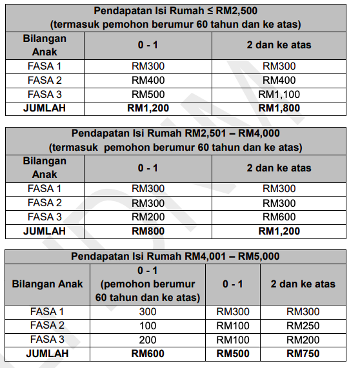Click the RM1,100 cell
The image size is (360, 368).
[x=279, y=95]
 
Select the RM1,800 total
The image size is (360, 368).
[x=279, y=108]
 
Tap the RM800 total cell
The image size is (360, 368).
[x=148, y=231]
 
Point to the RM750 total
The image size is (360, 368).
[x=303, y=353]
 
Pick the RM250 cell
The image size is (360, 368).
[x=303, y=325]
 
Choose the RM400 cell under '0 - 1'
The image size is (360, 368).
[x=148, y=81]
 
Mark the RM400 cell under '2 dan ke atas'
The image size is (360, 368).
[x=279, y=81]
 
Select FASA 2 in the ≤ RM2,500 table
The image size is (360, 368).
[x=45, y=81]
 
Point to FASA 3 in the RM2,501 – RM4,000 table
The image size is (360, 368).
[x=45, y=217]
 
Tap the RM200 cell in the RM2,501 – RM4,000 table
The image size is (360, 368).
[x=148, y=217]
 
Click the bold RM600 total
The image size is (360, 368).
[x=148, y=353]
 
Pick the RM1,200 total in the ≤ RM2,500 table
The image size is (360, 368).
[x=148, y=108]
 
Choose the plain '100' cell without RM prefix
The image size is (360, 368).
[x=148, y=325]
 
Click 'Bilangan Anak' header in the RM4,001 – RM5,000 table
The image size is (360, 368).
[x=47, y=284]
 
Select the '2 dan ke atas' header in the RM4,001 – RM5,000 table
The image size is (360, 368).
[x=303, y=284]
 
